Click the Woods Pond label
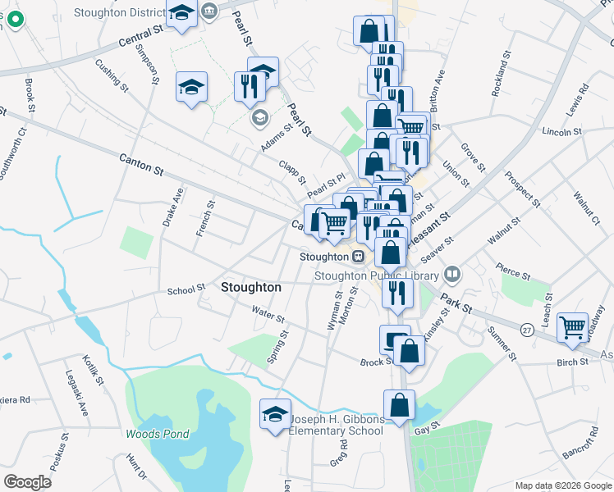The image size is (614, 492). (x=157, y=435)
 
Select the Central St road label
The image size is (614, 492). (x=140, y=36)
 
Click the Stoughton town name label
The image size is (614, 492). (x=251, y=288)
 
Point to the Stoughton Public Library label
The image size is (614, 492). (x=378, y=276)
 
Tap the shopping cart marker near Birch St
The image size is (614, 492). (x=573, y=328)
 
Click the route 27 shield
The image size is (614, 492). (x=527, y=329)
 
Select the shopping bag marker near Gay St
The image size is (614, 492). (x=399, y=405)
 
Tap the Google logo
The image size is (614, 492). (x=27, y=482)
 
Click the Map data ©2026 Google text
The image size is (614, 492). (x=562, y=485)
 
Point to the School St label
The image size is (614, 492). (x=186, y=290)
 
